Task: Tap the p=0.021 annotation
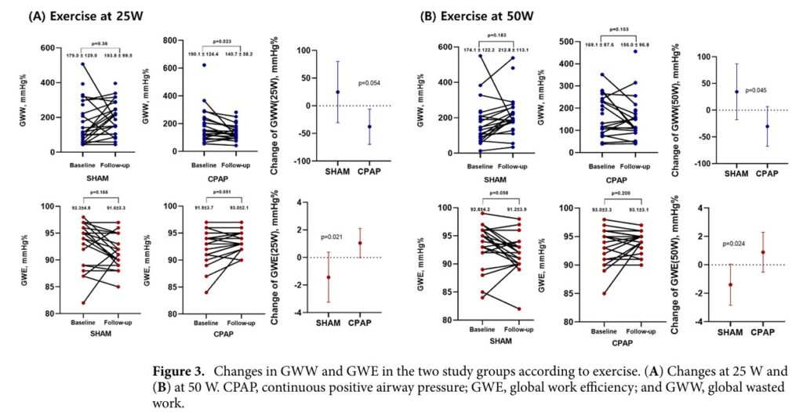click(x=334, y=237)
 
